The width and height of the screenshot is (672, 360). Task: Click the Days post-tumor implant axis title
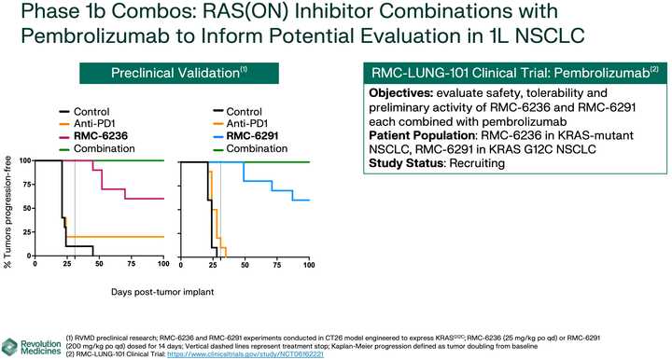(163, 292)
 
